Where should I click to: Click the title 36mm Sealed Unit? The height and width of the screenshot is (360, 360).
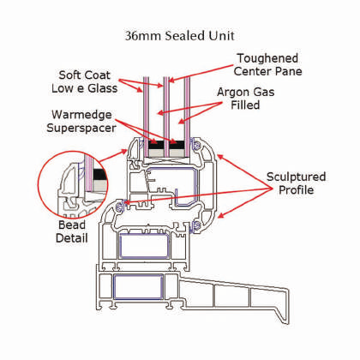(x=180, y=36)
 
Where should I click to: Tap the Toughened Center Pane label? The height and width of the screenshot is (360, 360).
(x=267, y=64)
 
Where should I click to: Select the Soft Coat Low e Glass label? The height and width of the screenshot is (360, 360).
(x=84, y=81)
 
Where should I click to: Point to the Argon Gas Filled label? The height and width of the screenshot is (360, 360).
(x=245, y=99)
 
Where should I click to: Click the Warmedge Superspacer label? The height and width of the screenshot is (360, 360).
(x=81, y=121)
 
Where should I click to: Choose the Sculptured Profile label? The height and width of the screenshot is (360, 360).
(x=296, y=183)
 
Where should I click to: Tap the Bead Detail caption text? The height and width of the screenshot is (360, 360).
(x=72, y=231)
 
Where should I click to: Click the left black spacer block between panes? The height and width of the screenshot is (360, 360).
(x=156, y=145)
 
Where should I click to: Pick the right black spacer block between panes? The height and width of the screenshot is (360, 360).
(x=177, y=145)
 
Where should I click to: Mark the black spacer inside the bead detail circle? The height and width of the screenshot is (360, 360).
(x=99, y=174)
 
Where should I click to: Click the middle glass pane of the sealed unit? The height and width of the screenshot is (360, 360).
(x=166, y=117)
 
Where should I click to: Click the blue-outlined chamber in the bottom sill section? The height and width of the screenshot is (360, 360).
(x=138, y=287)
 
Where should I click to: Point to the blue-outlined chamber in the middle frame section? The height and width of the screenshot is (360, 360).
(x=144, y=246)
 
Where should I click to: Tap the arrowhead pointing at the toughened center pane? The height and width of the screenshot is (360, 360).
(x=171, y=80)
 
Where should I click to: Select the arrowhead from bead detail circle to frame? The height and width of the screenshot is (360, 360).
(x=124, y=151)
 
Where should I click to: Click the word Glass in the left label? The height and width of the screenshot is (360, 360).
(x=103, y=88)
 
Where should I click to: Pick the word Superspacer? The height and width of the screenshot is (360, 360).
(x=81, y=128)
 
